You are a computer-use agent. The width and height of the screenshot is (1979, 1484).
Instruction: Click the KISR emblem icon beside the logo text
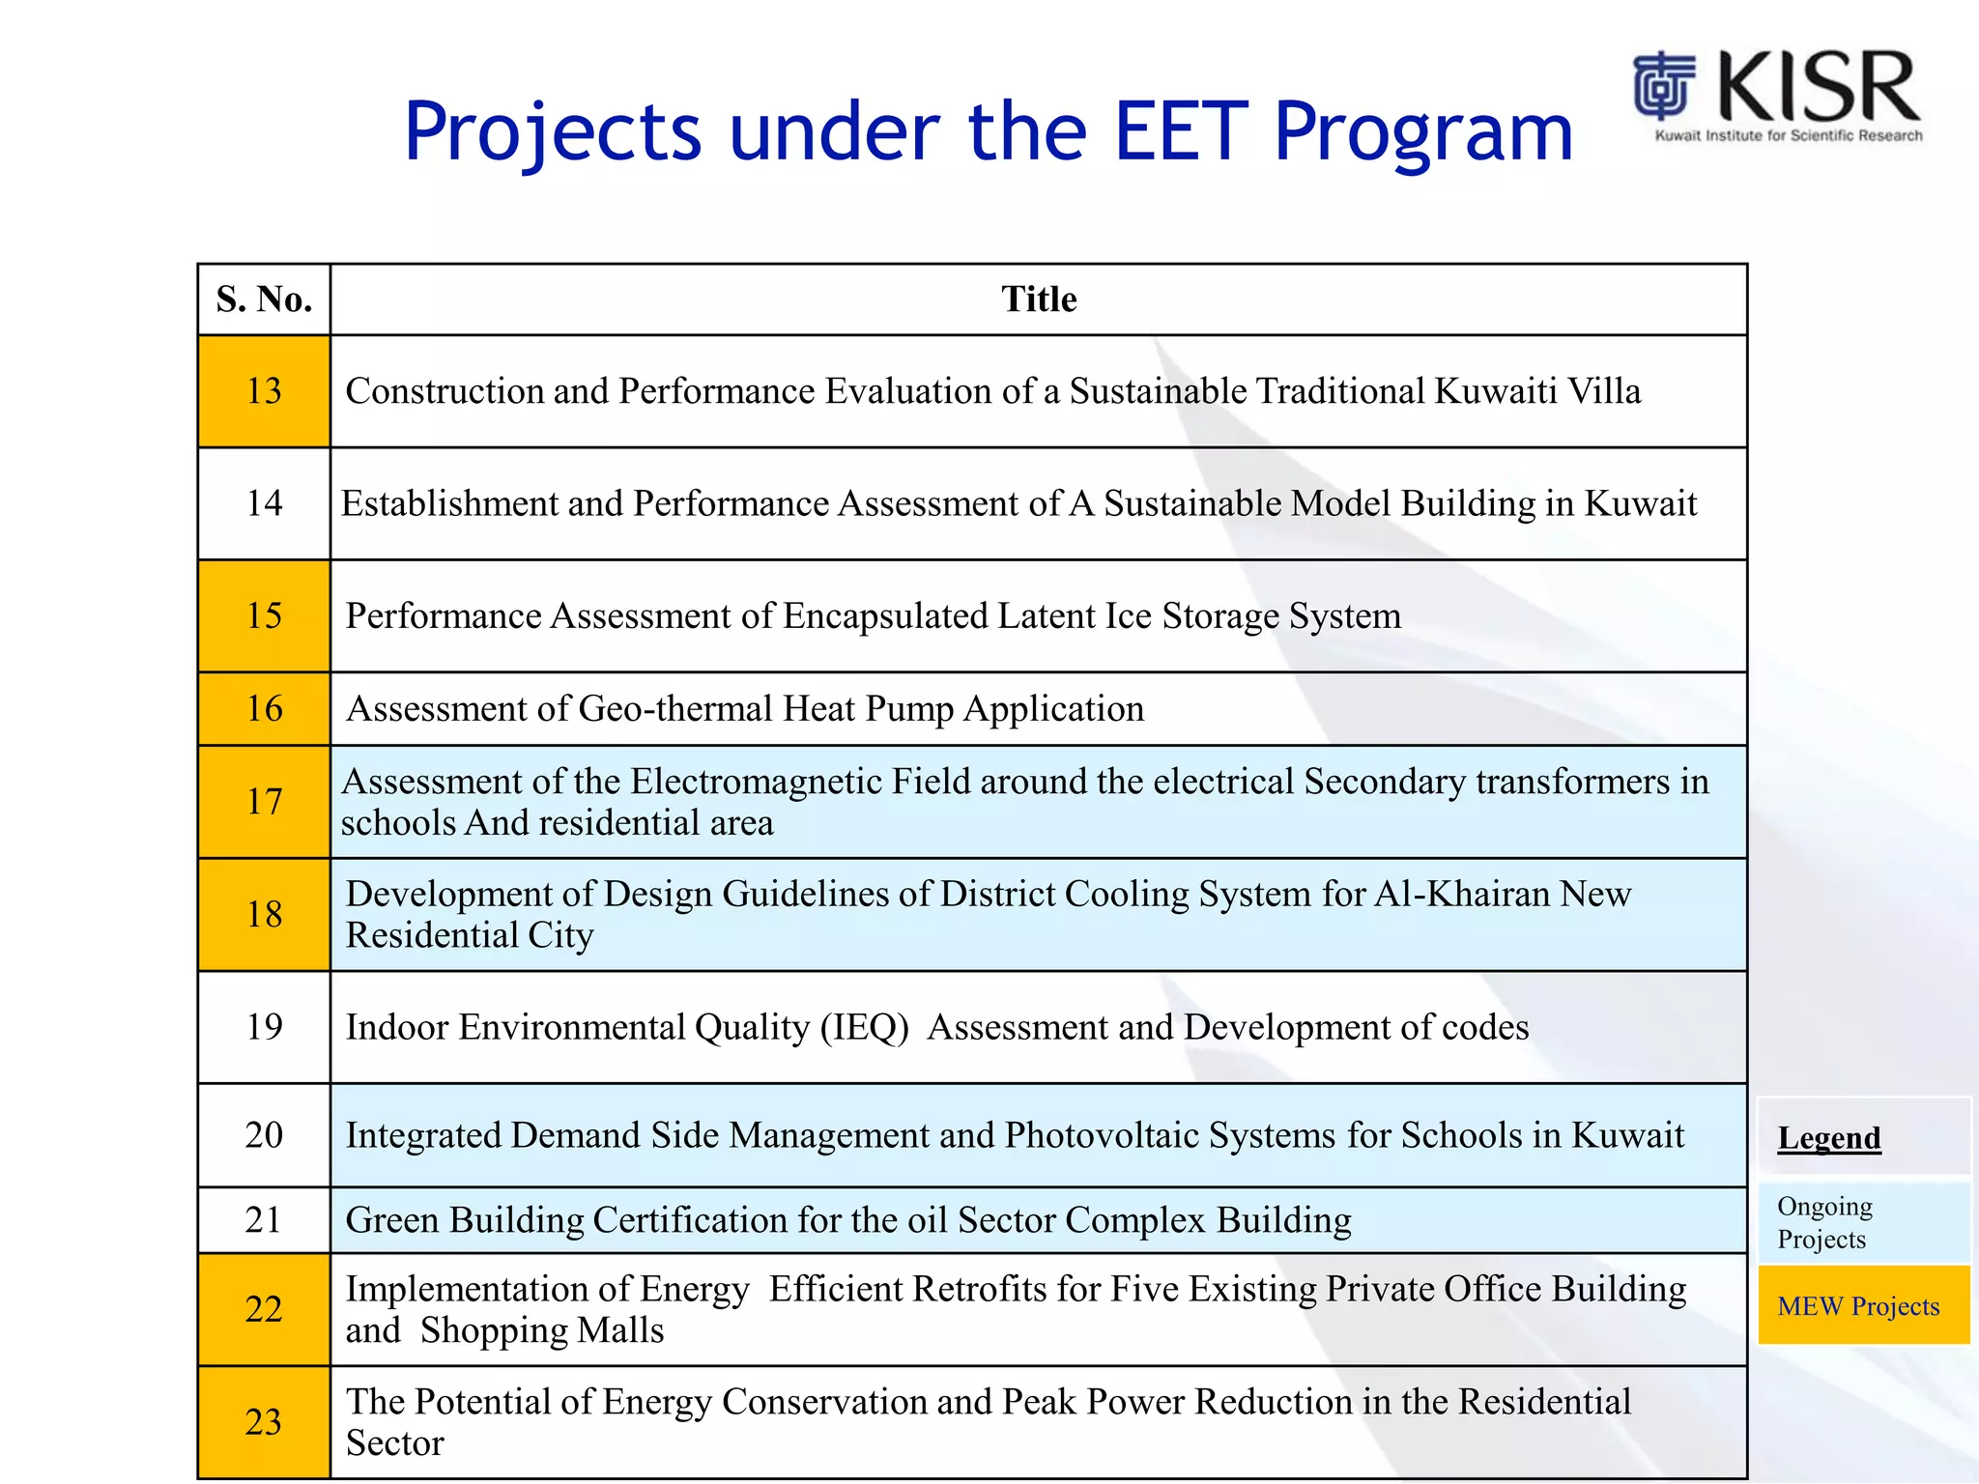tap(1663, 86)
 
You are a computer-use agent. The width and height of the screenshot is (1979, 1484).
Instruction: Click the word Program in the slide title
tap(1422, 132)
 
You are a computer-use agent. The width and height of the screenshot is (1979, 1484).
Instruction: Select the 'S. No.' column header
tap(264, 300)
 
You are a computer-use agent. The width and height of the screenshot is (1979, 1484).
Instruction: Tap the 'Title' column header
tap(1038, 300)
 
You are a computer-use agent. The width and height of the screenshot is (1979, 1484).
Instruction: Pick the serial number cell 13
tap(264, 391)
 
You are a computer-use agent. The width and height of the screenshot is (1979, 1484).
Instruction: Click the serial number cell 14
tap(264, 503)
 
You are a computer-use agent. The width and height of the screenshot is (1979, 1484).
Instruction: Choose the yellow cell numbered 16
tap(264, 709)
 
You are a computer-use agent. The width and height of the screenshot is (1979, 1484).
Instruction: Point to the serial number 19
tap(264, 1027)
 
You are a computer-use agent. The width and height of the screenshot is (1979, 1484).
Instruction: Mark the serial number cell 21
tap(264, 1220)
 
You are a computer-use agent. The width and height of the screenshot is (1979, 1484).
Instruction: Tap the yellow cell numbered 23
tap(264, 1422)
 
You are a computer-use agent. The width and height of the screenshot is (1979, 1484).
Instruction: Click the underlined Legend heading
tap(1828, 1138)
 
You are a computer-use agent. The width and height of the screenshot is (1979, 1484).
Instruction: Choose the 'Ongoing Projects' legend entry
tap(1823, 1223)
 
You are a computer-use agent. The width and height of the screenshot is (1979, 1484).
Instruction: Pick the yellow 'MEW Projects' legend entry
tap(1858, 1306)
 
